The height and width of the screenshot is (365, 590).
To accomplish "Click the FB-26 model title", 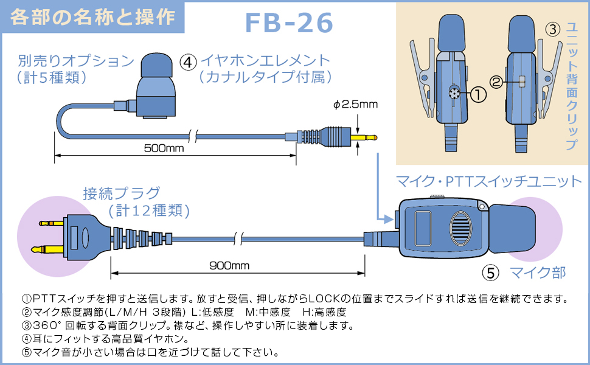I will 289,23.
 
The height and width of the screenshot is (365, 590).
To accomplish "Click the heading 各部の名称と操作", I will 92,16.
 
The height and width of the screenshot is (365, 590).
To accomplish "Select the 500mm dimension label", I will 164,148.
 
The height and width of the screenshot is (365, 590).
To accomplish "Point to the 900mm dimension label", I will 229,266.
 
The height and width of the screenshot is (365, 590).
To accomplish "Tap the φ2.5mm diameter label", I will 356,104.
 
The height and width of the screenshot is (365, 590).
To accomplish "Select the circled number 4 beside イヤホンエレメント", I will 189,62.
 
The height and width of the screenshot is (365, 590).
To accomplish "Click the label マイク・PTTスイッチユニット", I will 489,181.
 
